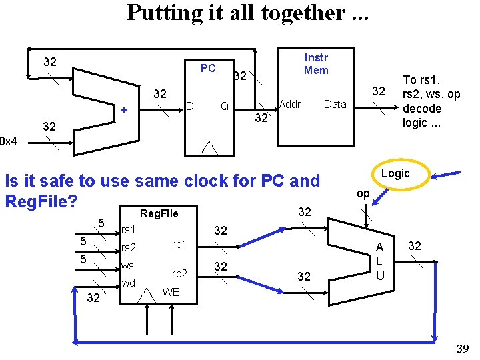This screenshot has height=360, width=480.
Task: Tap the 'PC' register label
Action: click(x=208, y=68)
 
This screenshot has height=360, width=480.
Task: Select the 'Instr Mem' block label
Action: click(x=315, y=63)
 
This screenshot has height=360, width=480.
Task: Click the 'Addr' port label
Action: click(x=290, y=104)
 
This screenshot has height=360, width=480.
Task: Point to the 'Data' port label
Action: click(x=335, y=104)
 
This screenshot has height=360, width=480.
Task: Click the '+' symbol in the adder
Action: click(x=123, y=110)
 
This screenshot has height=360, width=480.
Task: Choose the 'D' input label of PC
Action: click(x=189, y=106)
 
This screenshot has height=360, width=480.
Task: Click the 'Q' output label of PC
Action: click(x=225, y=106)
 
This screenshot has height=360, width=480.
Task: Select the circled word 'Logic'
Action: click(x=395, y=173)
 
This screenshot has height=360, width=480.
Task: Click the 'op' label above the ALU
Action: click(x=363, y=193)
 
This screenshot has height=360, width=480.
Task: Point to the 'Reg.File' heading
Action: click(x=159, y=213)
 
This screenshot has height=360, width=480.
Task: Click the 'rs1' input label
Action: click(x=129, y=230)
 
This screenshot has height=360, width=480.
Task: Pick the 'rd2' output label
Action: click(x=179, y=273)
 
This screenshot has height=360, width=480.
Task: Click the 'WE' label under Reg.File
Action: click(x=171, y=291)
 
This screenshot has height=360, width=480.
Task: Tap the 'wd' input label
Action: click(x=128, y=283)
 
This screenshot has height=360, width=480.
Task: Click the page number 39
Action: click(x=461, y=350)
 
